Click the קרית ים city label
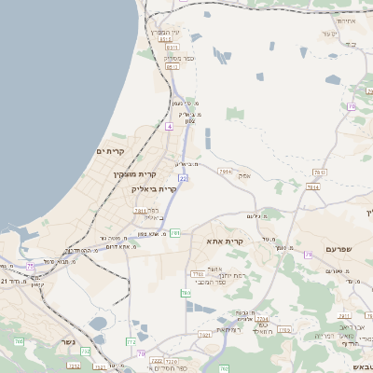[x=110, y=150]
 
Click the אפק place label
[x=243, y=174]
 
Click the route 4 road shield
[x=170, y=124]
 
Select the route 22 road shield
[x=184, y=176]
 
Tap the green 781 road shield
[x=174, y=232]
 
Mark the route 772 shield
[x=131, y=342]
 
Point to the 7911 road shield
[x=226, y=172]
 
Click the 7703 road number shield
[x=198, y=274]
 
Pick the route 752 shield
[x=87, y=352]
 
